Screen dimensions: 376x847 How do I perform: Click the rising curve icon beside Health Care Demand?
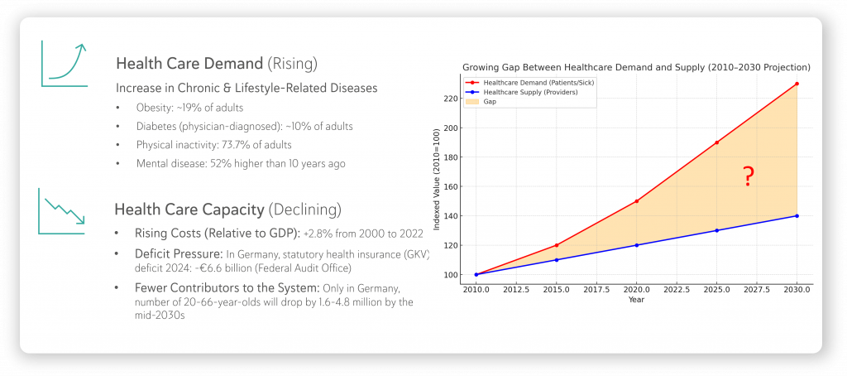64,63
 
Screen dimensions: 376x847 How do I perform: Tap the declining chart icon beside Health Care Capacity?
62,210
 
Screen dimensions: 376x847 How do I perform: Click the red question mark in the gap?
748,176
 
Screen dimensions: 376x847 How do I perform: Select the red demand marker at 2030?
797,84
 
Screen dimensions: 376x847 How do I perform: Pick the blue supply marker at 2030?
797,216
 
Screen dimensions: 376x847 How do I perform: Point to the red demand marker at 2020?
636,201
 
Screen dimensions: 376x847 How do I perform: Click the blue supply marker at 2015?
556,260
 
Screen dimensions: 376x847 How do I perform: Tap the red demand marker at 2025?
716,142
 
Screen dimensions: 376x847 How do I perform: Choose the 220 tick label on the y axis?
450,99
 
